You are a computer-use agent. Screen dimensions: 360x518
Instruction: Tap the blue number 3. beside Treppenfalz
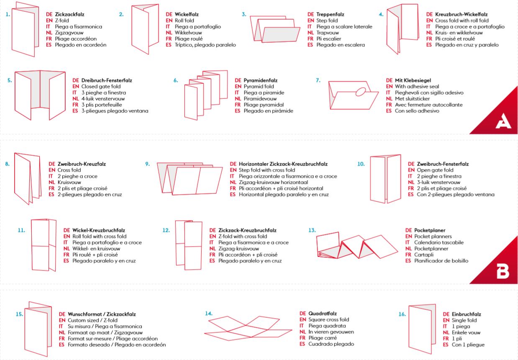(x=244, y=15)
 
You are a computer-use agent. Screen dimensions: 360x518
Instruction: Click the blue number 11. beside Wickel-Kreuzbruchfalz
(x=22, y=230)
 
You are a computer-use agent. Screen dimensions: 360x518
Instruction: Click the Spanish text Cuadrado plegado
(x=331, y=344)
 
